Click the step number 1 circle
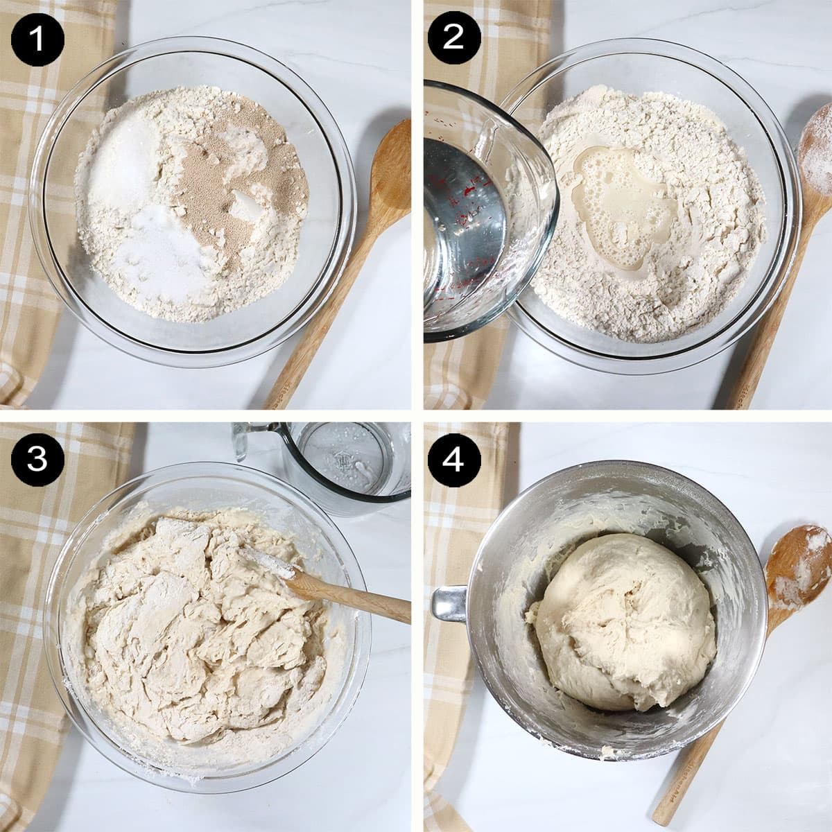[37, 37]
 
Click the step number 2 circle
[453, 37]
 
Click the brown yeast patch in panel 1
[208, 187]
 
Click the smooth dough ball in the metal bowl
[624, 617]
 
